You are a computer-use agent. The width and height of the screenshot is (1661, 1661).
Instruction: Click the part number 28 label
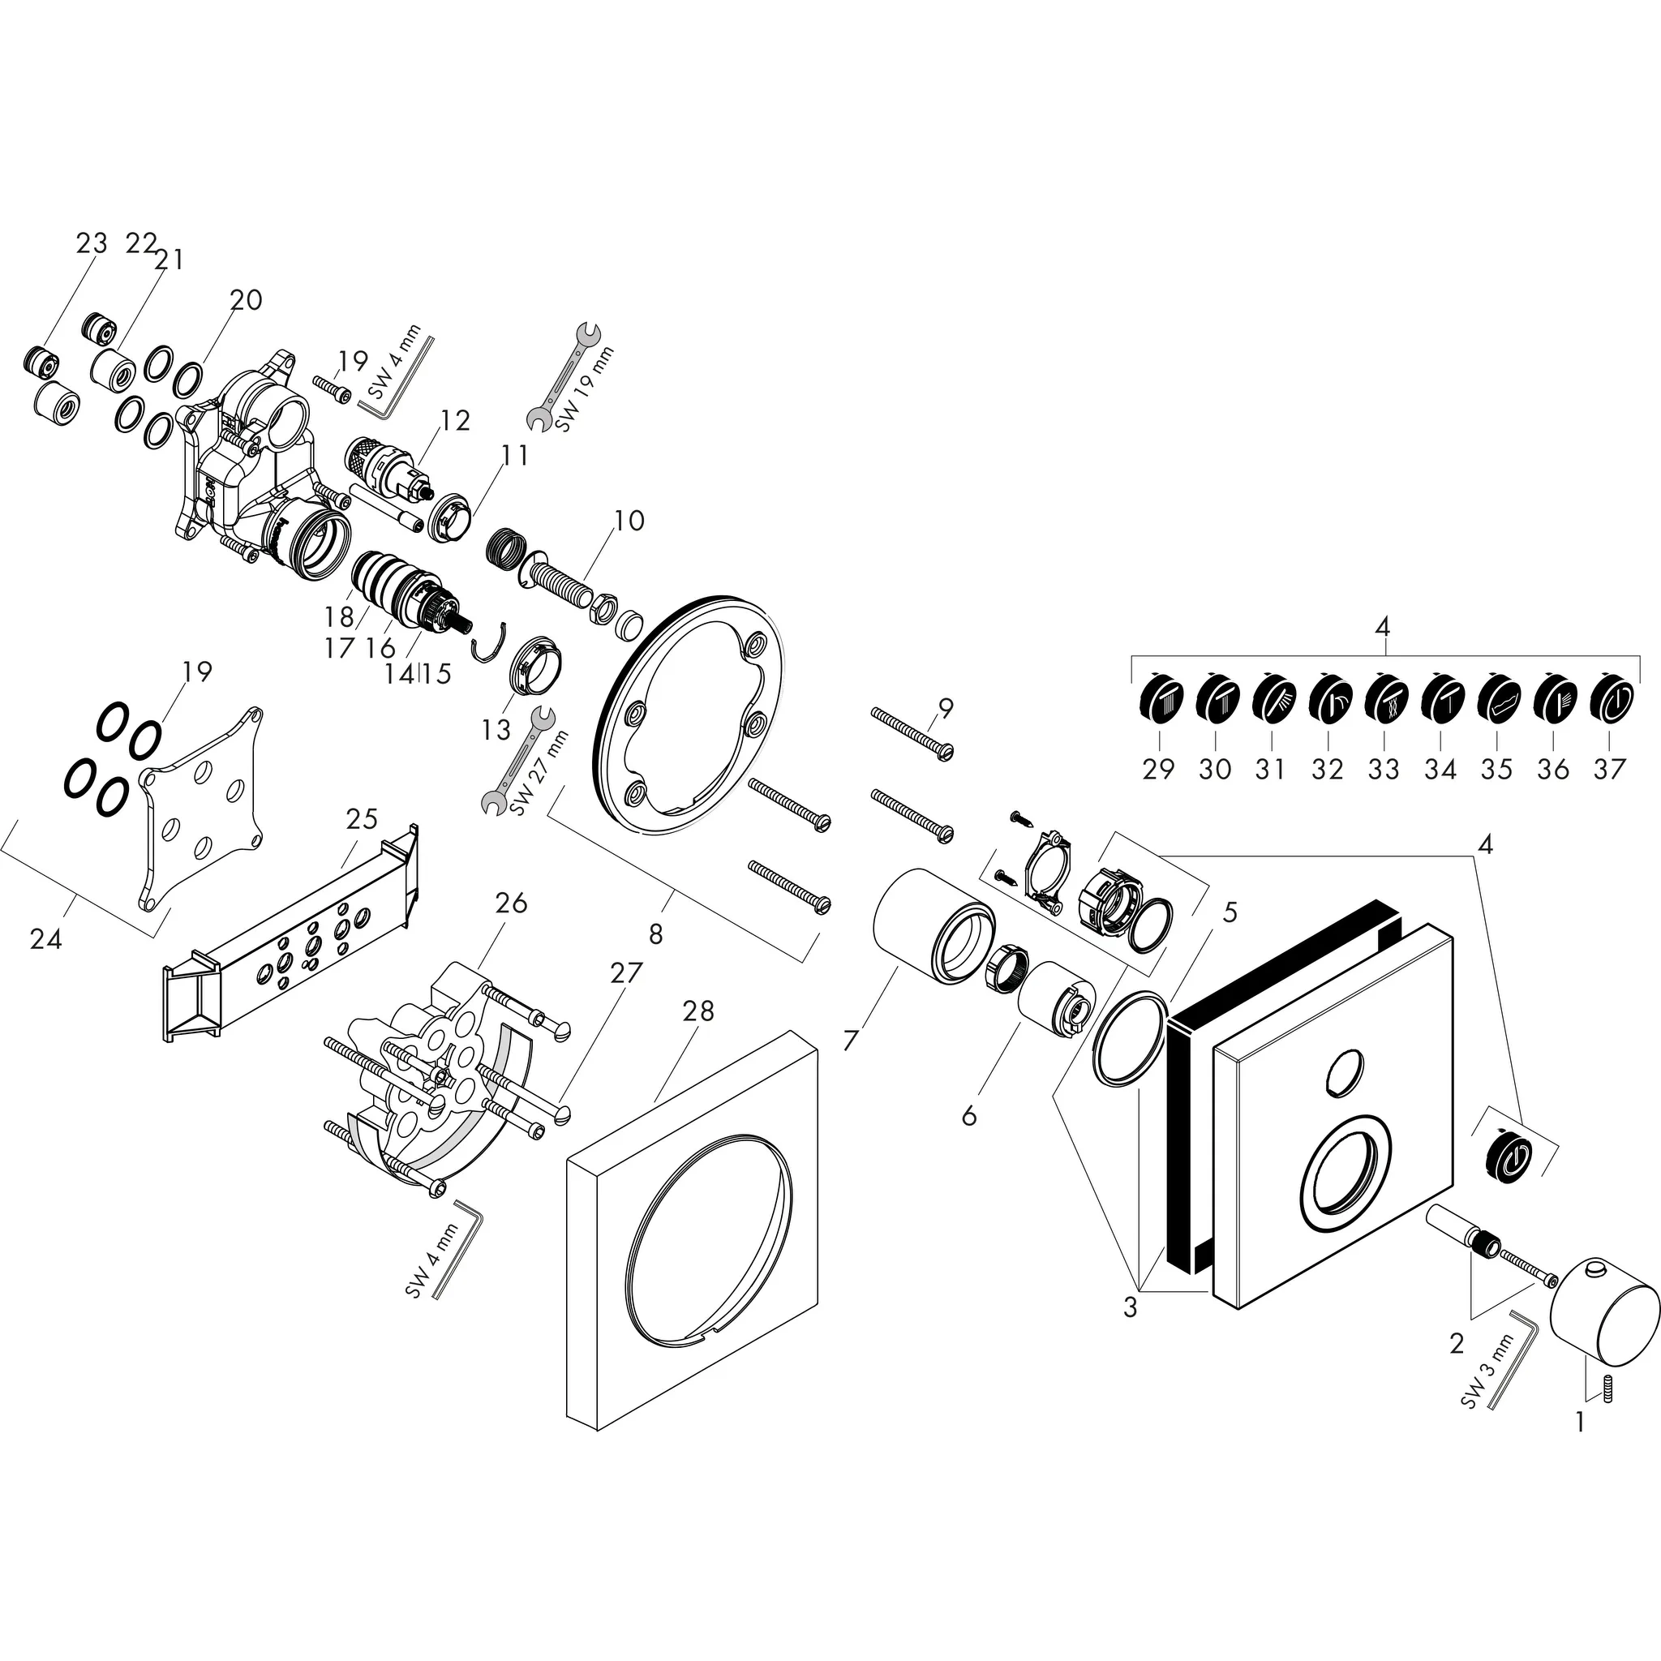coord(698,1011)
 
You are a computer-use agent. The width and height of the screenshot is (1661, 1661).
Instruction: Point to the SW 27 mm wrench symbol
coord(517,760)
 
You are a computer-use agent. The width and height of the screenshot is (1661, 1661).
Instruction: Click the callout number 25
coord(362,818)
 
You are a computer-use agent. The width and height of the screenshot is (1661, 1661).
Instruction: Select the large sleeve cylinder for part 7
coord(932,925)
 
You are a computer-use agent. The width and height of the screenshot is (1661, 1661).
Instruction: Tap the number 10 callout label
coord(629,520)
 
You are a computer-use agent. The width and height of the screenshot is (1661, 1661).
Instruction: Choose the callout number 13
coord(496,730)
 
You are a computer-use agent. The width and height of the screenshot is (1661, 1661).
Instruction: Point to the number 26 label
coord(512,903)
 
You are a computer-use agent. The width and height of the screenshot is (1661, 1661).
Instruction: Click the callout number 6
coord(969,1116)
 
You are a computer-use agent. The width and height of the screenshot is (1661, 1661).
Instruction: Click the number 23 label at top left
coord(91,243)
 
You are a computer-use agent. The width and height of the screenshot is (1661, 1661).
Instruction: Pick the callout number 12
coord(456,420)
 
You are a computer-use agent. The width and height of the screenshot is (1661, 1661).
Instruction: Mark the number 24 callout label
coord(45,940)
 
